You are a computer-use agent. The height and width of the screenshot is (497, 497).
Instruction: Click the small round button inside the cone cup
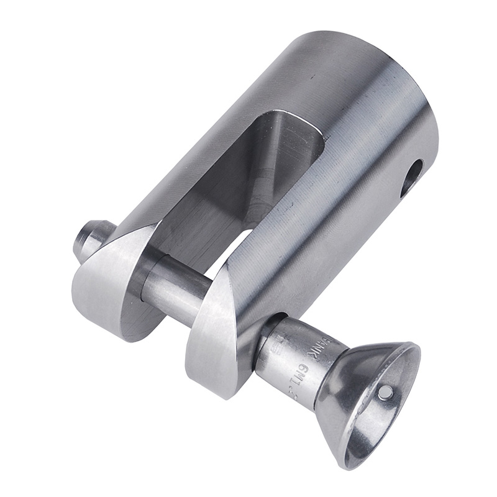coord(385,391)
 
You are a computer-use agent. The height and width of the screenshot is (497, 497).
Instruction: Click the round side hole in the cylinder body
coord(411,178)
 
